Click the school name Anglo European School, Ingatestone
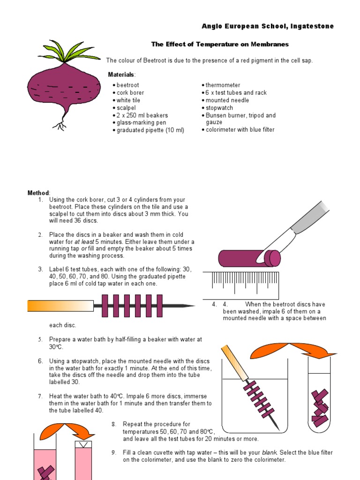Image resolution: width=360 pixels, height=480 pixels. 268,26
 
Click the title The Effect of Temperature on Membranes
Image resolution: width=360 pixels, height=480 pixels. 220,45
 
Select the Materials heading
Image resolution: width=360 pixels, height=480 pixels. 121,75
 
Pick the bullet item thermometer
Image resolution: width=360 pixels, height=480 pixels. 223,85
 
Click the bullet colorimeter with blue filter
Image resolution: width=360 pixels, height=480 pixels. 240,130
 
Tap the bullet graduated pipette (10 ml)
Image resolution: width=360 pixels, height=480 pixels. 150,130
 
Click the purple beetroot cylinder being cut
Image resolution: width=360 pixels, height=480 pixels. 244,258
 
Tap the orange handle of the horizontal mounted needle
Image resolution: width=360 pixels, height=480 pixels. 60,306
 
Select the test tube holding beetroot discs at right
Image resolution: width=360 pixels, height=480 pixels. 319,398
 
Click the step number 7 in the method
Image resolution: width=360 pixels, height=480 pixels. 41,396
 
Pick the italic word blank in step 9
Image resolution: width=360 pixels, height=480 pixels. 270,452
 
